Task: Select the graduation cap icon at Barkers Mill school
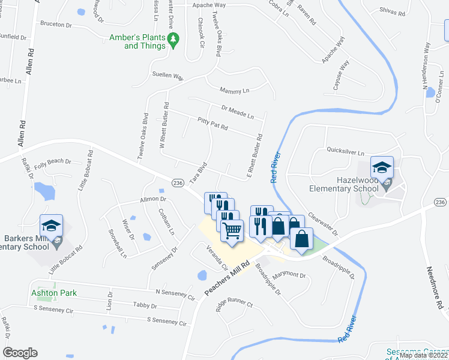tap(52, 226)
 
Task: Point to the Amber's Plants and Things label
tap(136, 41)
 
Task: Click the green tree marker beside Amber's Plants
tap(174, 40)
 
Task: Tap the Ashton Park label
tap(54, 293)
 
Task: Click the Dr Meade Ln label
tap(238, 112)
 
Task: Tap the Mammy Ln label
tap(234, 91)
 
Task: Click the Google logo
tap(20, 353)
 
